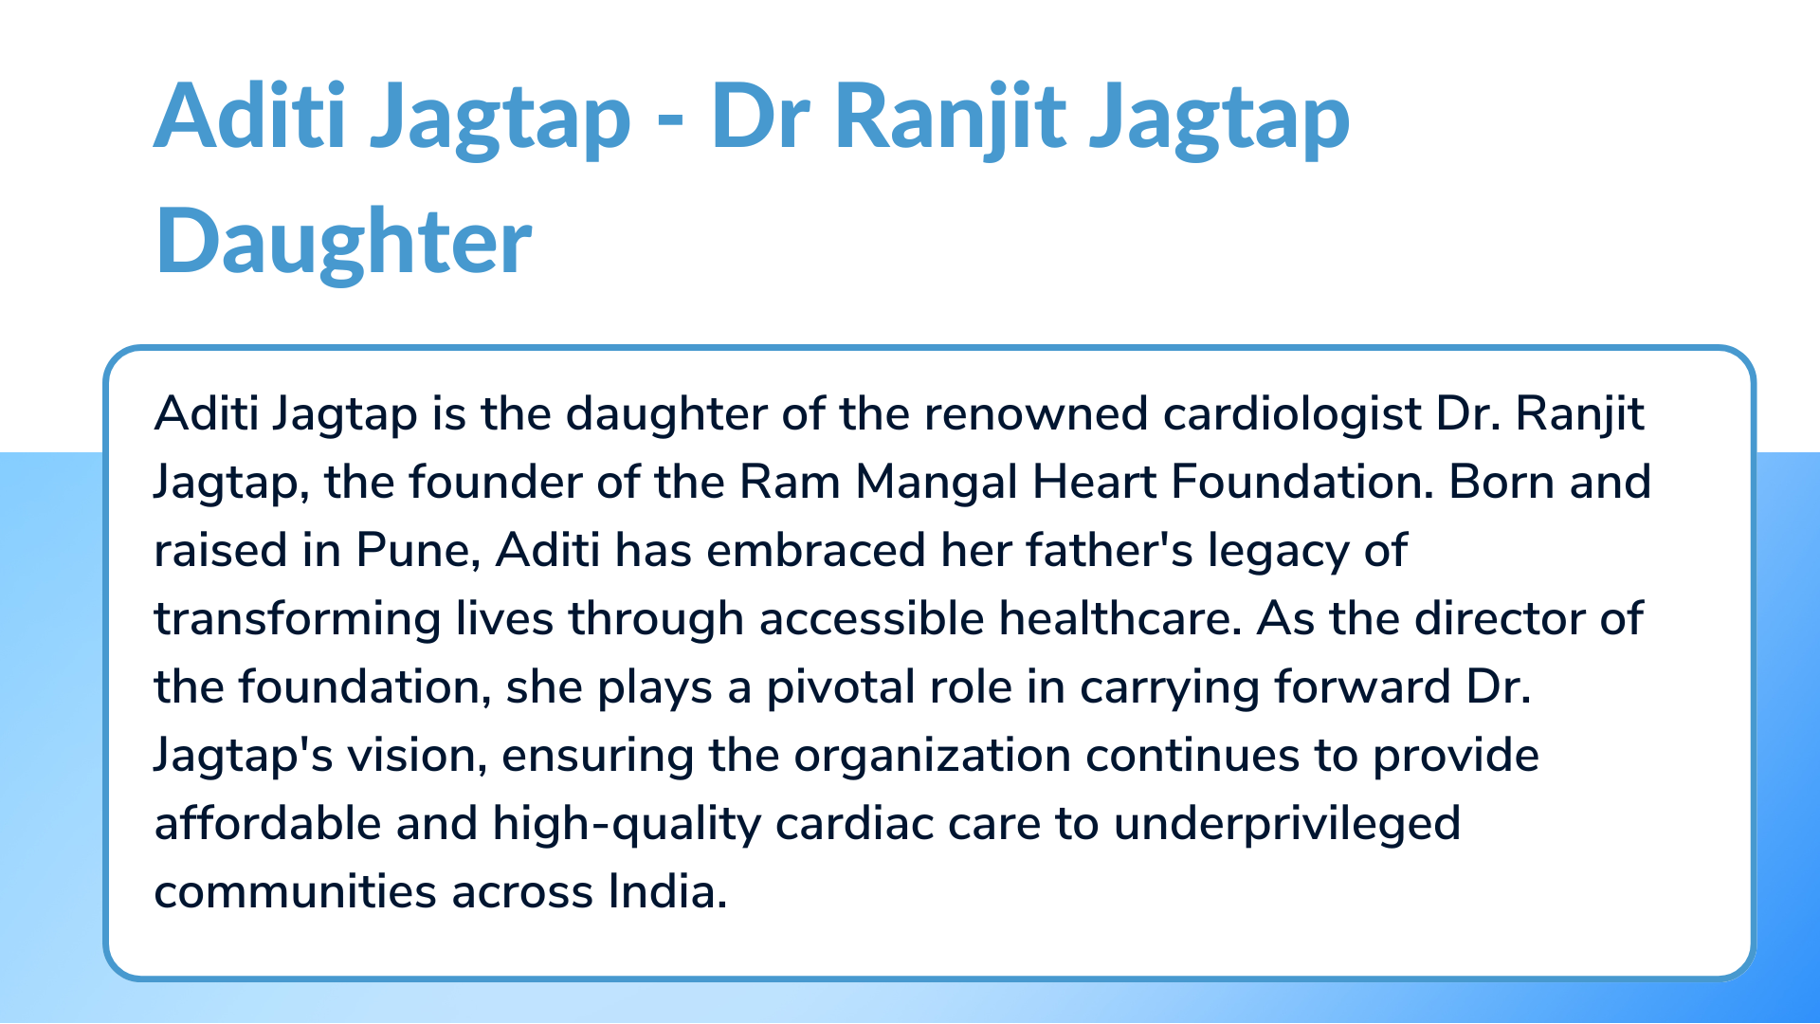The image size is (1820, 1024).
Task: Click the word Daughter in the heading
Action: (343, 242)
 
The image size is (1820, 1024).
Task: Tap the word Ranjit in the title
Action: (950, 119)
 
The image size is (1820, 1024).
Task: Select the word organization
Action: (932, 757)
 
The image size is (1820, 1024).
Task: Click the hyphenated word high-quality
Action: (627, 825)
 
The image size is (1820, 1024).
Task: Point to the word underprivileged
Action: (1286, 825)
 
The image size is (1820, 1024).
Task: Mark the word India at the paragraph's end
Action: (667, 891)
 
